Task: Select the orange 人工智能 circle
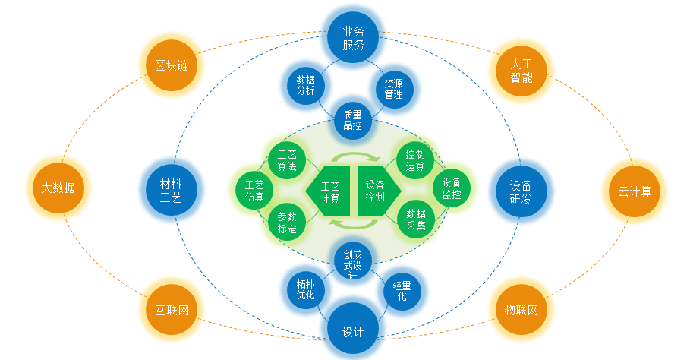521,66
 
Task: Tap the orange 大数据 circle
58,188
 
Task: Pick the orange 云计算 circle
635,191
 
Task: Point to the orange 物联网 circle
521,311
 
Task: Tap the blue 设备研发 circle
521,191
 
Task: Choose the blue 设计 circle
353,331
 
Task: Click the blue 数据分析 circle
305,88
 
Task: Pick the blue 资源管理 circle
394,88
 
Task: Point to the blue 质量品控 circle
352,120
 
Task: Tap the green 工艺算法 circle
287,160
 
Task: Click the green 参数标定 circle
287,221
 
